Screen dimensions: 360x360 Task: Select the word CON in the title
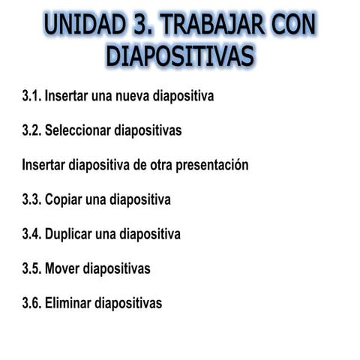click(288, 25)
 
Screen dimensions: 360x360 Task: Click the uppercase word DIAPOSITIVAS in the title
click(180, 56)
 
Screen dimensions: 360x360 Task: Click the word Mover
click(62, 268)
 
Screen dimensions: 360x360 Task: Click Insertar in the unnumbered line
click(43, 165)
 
